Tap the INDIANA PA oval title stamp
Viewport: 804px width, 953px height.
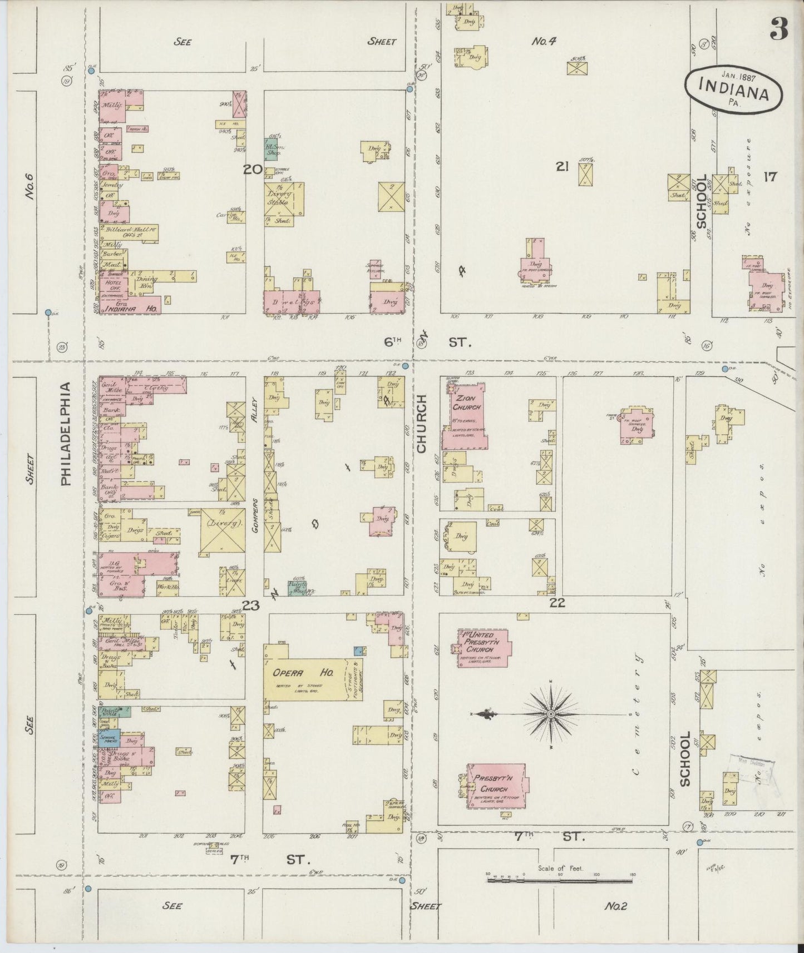[x=733, y=90]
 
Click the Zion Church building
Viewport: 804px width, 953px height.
[x=466, y=412]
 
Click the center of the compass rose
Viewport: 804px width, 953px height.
[x=550, y=713]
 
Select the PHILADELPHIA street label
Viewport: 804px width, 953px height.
[x=66, y=434]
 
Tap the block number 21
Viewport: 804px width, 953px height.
[x=562, y=166]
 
